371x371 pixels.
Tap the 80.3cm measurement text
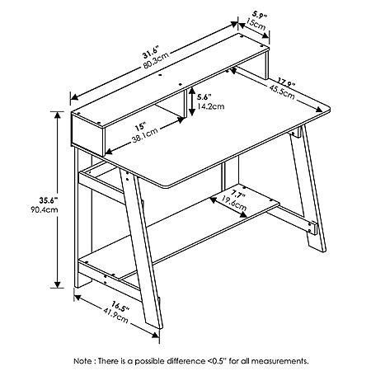click(x=156, y=61)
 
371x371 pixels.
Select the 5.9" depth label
click(x=260, y=15)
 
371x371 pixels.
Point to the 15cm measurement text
click(x=256, y=24)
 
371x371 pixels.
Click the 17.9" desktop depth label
click(x=286, y=82)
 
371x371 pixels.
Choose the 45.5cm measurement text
click(x=282, y=92)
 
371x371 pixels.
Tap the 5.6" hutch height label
click(x=204, y=97)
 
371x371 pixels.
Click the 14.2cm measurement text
click(x=210, y=106)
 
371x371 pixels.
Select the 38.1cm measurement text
click(x=145, y=135)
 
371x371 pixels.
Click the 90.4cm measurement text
click(x=45, y=209)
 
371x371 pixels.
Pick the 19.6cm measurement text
click(x=234, y=203)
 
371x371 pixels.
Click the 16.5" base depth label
click(x=120, y=307)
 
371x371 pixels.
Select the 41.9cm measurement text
click(x=115, y=315)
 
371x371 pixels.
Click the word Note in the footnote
click(x=83, y=360)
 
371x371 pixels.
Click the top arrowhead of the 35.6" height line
click(x=57, y=115)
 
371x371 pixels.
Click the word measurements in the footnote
click(x=279, y=360)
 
